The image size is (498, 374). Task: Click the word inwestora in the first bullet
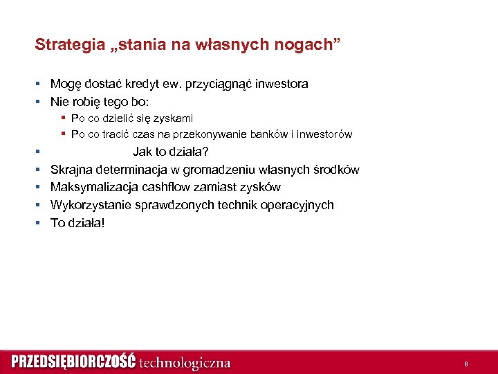pyautogui.click(x=282, y=84)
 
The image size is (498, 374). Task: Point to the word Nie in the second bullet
pyautogui.click(x=59, y=102)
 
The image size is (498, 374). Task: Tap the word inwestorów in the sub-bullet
pyautogui.click(x=325, y=134)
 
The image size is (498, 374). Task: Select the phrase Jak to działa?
pyautogui.click(x=171, y=152)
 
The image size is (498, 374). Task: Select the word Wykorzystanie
pyautogui.click(x=89, y=205)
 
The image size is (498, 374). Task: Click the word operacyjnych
pyautogui.click(x=299, y=205)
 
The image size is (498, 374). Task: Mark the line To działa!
pyautogui.click(x=78, y=223)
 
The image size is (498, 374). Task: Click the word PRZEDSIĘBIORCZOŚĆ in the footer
pyautogui.click(x=73, y=362)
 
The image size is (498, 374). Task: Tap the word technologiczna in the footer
pyautogui.click(x=185, y=362)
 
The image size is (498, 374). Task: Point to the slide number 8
pyautogui.click(x=466, y=364)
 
